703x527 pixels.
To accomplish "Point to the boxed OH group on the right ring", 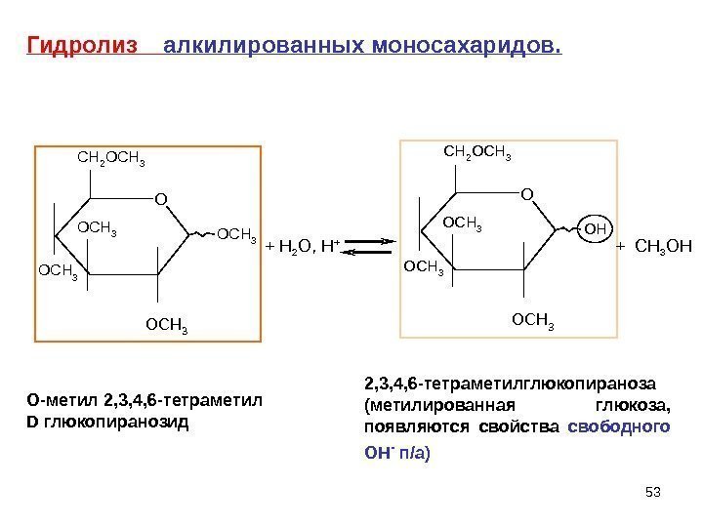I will [x=595, y=229].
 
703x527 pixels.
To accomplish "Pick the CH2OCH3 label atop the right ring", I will [x=477, y=151].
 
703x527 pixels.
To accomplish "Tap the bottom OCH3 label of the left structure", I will [x=166, y=322].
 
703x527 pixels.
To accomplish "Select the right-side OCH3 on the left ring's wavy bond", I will [x=235, y=235].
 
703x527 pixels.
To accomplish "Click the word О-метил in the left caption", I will [x=55, y=400].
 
